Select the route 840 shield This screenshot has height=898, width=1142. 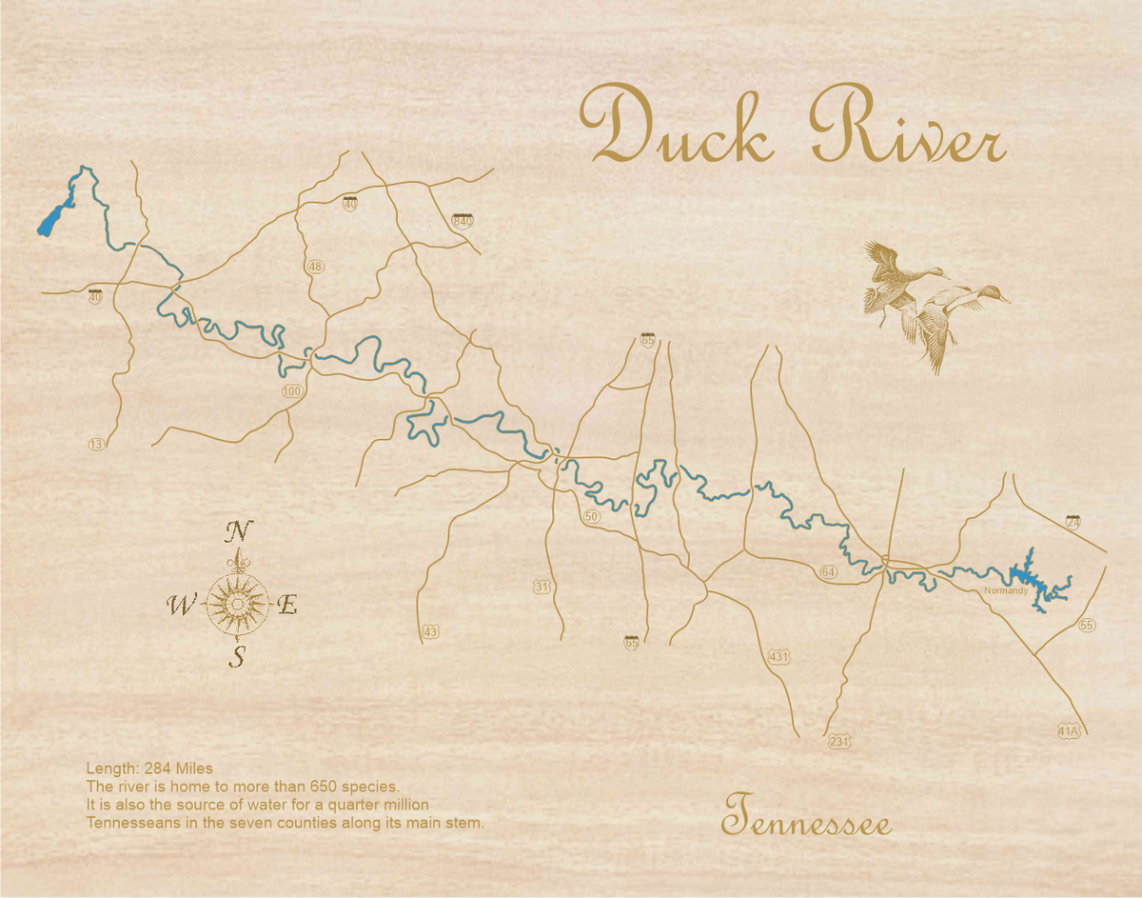coord(463,222)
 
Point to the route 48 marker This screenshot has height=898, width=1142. coord(315,267)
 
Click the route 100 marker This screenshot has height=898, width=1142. coord(291,391)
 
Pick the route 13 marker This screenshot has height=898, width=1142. coord(95,445)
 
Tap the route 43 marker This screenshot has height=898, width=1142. coord(431,631)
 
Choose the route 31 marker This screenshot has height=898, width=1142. coord(541,587)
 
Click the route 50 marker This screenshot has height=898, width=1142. coord(592,516)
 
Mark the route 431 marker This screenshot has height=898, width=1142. coord(778,656)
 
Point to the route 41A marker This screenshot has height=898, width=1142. coord(1070,731)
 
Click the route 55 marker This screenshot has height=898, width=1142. coord(1087,625)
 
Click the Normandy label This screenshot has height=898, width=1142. coord(1006,591)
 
